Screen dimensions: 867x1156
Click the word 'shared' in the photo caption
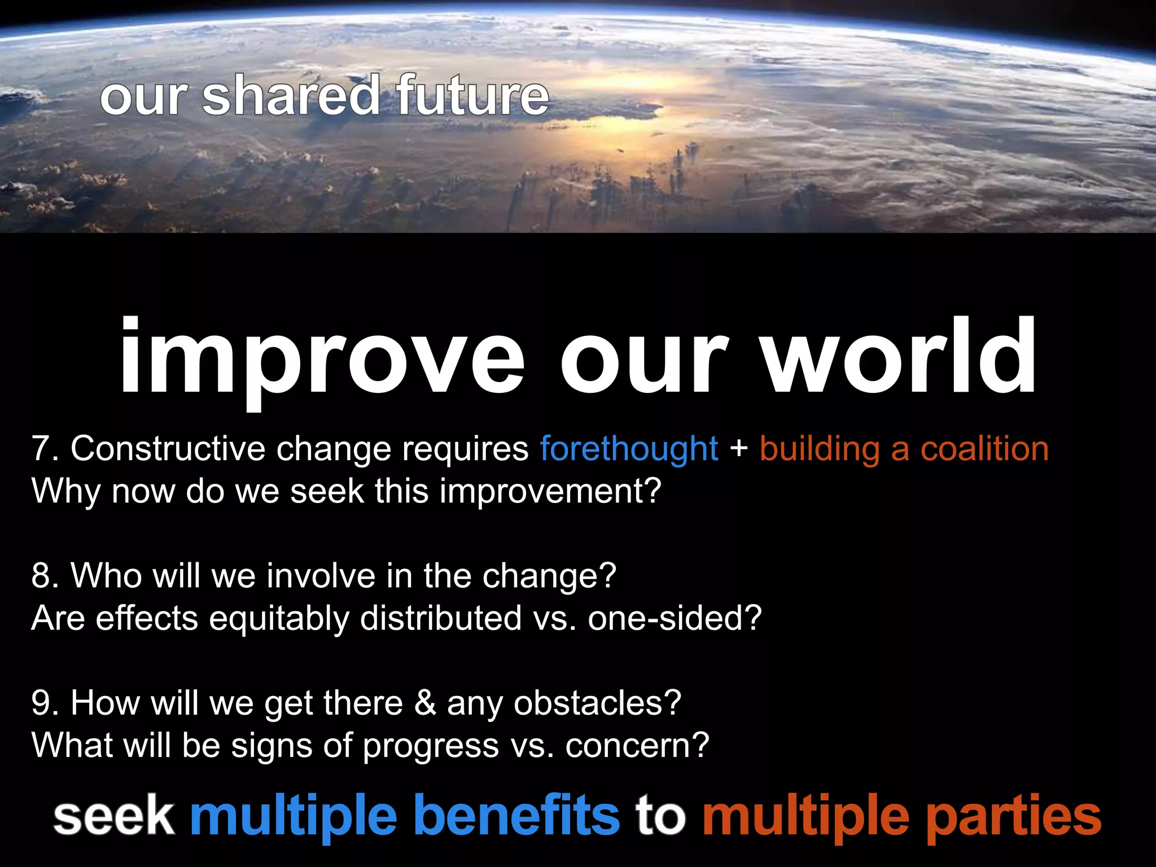[x=291, y=96]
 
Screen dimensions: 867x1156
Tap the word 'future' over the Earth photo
[x=471, y=96]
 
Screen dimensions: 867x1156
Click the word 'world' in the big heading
[x=900, y=356]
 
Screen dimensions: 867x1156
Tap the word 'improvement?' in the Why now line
[x=550, y=491]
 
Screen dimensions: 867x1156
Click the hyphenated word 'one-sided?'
[x=675, y=618]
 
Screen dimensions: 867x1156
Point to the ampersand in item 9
[x=425, y=703]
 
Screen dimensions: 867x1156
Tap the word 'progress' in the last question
[x=431, y=746]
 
